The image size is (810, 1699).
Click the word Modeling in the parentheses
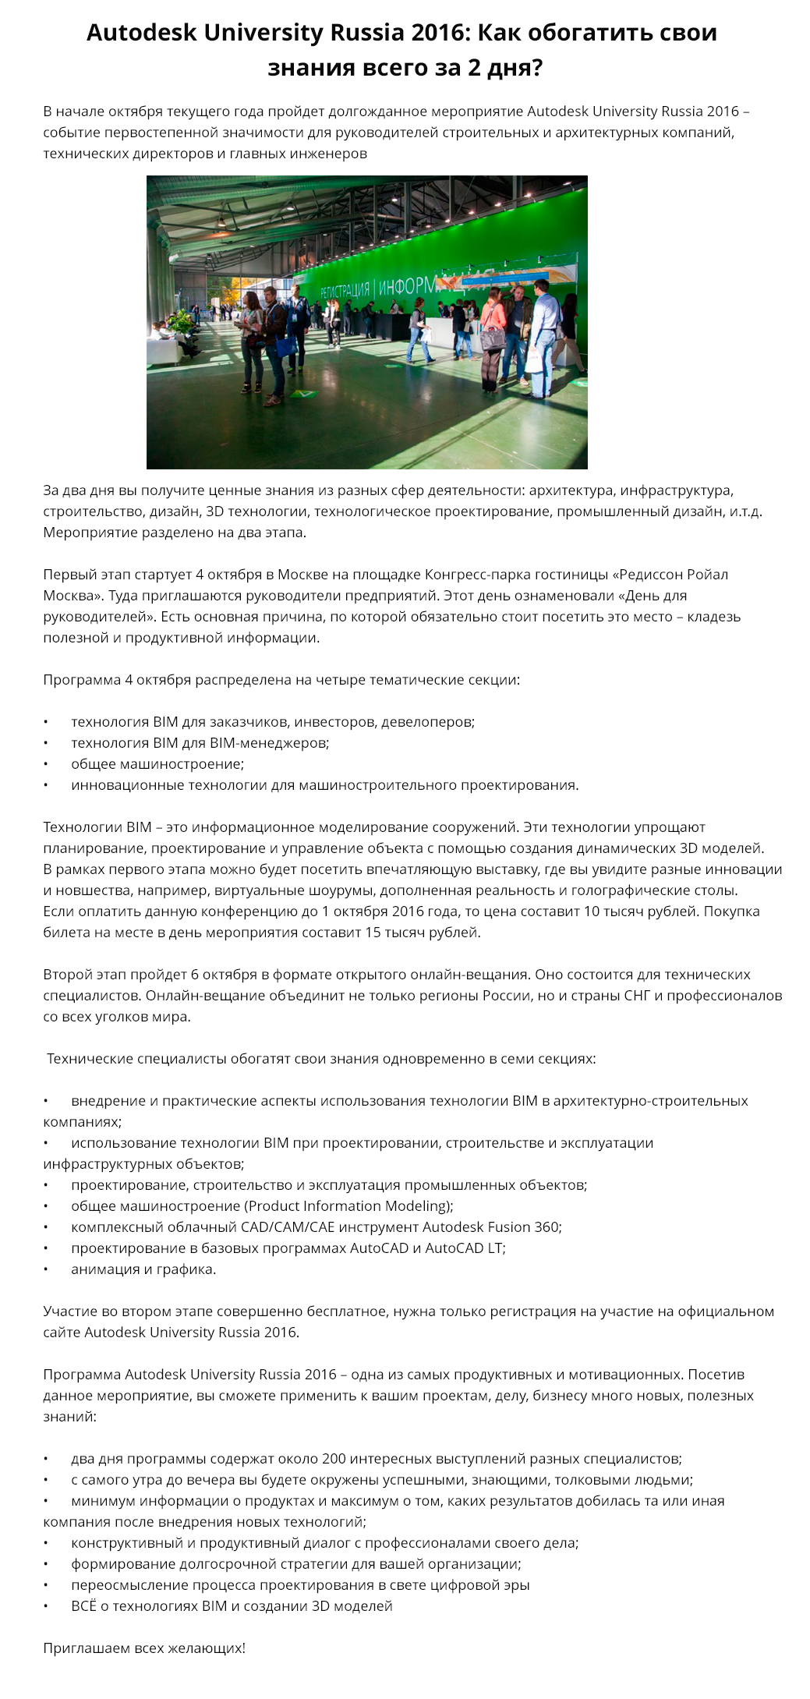pos(419,1206)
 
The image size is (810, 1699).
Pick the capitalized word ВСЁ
pos(84,1606)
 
